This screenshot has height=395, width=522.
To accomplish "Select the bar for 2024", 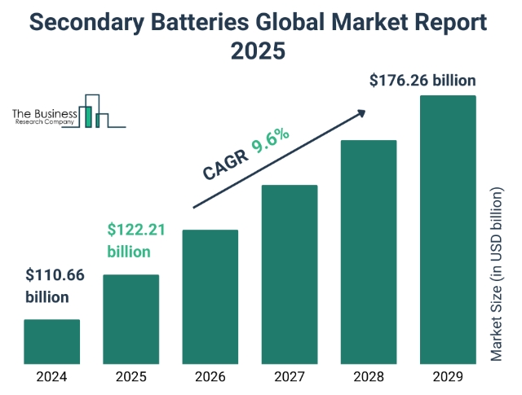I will tap(51, 341).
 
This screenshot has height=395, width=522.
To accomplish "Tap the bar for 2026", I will tap(210, 296).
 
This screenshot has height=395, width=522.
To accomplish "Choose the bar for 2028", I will tap(368, 252).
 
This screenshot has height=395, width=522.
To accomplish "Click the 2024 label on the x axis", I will tap(51, 377).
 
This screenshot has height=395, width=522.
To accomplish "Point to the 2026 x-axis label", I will tap(210, 377).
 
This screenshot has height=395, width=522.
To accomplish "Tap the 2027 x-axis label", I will tap(289, 377).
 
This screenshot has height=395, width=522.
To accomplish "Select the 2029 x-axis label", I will tap(447, 377).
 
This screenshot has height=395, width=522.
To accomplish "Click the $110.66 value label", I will tap(55, 285).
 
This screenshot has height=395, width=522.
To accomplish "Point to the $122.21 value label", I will tap(136, 241).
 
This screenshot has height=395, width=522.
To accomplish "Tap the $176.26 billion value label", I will tap(422, 81).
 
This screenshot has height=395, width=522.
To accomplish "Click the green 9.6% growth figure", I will tap(271, 143).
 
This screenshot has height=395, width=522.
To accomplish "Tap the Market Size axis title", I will tap(498, 274).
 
